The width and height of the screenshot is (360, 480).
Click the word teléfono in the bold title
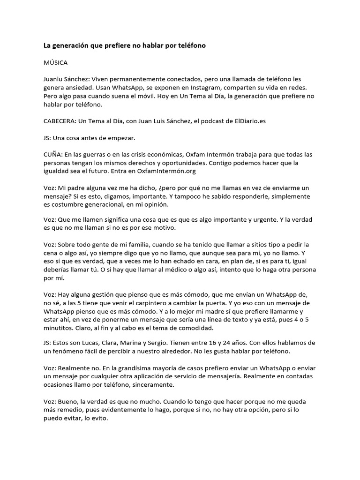point(190,45)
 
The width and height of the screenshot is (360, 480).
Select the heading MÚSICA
point(56,62)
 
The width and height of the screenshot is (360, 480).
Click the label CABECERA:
point(60,121)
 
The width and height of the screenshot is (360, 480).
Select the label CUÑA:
point(53,154)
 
